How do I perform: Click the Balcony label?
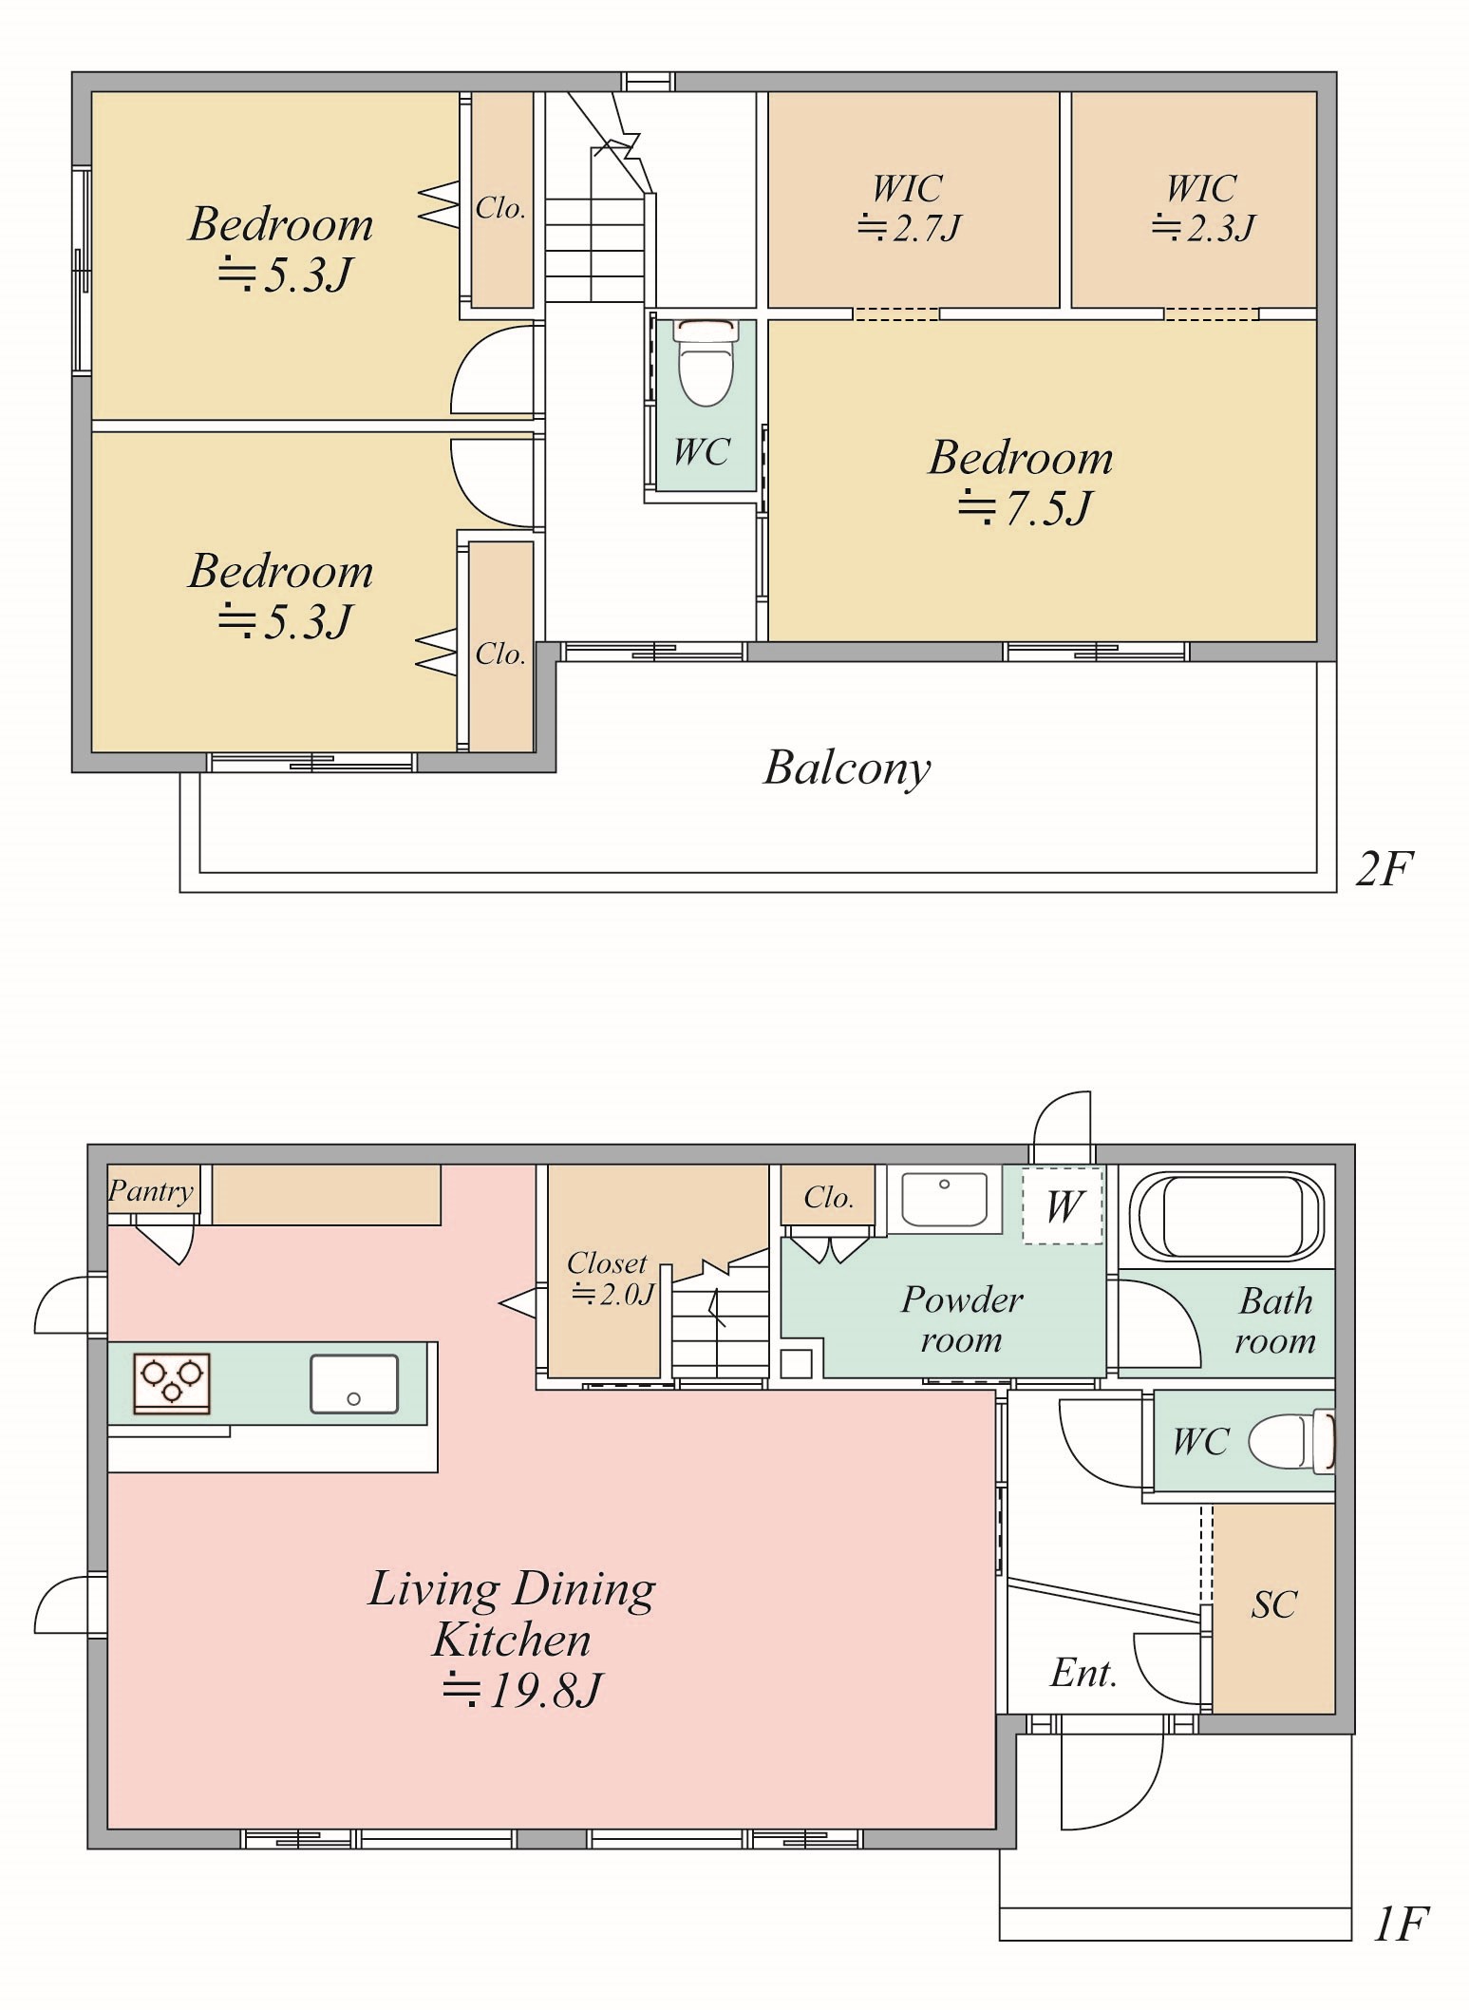(847, 768)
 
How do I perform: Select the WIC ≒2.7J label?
(909, 208)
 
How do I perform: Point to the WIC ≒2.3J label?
(1203, 208)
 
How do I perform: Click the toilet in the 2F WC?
(706, 361)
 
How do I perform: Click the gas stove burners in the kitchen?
(172, 1382)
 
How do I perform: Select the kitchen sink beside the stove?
(354, 1384)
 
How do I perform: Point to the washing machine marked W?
(1063, 1204)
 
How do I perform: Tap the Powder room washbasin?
(945, 1199)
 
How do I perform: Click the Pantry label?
(151, 1190)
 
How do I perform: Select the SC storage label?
(1273, 1604)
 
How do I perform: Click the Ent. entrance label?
(1083, 1673)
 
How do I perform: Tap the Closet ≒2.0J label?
(610, 1279)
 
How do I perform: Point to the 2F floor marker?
(1384, 868)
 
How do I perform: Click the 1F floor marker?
(1400, 1925)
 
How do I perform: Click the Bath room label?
(1275, 1320)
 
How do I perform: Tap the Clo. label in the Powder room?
(828, 1197)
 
